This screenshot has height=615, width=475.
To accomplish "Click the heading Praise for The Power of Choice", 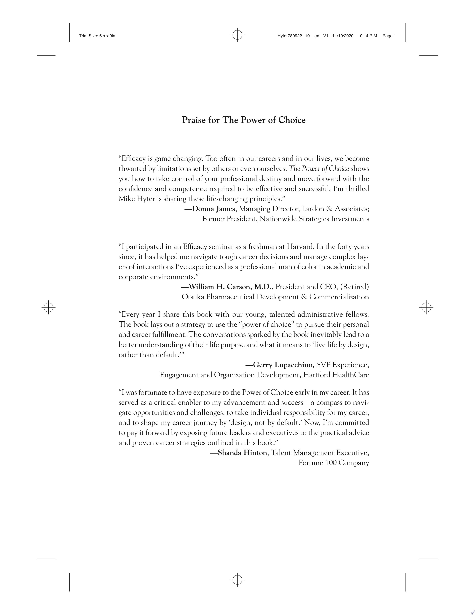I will click(x=244, y=120).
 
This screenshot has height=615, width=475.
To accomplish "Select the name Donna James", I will click(x=213, y=209).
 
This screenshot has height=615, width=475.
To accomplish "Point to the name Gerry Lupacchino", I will click(x=283, y=365).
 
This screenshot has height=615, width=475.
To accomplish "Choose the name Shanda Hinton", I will click(x=242, y=453).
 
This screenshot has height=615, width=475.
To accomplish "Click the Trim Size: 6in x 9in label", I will click(x=97, y=36).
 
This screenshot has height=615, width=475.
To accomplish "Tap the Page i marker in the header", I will click(x=389, y=36).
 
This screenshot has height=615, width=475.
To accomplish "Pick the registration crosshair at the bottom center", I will click(x=237, y=580).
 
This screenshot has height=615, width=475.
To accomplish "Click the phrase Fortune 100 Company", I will click(x=334, y=463).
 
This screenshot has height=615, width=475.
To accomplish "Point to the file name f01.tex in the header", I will click(x=312, y=36).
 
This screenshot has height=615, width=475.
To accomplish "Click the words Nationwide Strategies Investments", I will click(x=314, y=219).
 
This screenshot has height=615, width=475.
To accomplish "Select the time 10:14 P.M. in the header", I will click(x=368, y=36).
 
